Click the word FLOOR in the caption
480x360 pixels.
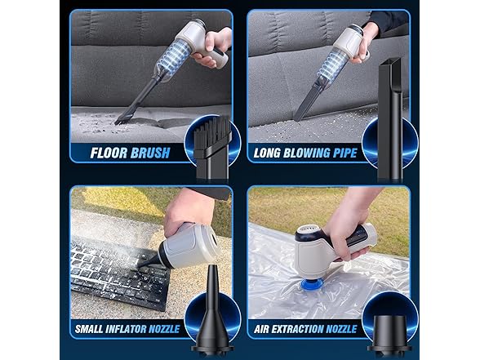tap(109, 153)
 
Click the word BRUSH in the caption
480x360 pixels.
tap(150, 153)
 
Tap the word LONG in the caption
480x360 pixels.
tap(267, 153)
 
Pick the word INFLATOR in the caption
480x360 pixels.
tap(126, 329)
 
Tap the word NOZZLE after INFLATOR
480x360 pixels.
tap(164, 329)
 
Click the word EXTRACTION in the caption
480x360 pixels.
tap(297, 329)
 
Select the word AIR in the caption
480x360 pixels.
tap(261, 329)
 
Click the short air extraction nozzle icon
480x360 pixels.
tap(389, 334)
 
